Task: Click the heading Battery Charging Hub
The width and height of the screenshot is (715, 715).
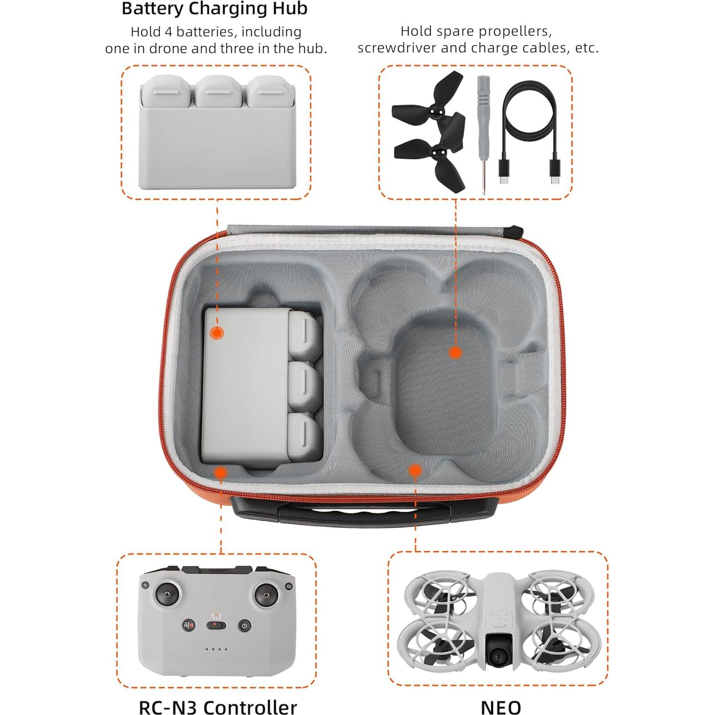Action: coord(214,9)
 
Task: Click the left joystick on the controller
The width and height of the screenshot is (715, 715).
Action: coord(167,595)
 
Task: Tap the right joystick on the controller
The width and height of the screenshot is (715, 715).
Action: coord(265,595)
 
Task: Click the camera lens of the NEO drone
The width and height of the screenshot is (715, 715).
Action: coord(498,658)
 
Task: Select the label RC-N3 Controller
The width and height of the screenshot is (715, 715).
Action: coord(218,707)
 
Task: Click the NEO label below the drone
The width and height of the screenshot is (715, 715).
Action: coord(501,707)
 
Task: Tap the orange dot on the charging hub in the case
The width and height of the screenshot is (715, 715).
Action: coord(217,333)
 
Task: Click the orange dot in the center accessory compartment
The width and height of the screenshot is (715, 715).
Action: coord(455,353)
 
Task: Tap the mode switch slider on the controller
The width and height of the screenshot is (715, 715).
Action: coord(217,626)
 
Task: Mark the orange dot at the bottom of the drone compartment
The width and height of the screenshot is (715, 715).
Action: coord(415,471)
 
